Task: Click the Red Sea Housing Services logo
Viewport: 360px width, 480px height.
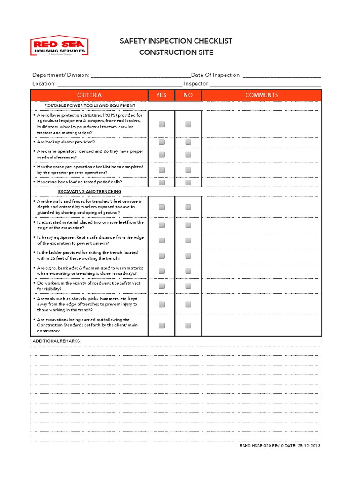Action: pos(59,47)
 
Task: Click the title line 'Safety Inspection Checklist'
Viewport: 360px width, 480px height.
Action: pos(176,41)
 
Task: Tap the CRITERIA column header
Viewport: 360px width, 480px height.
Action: pos(89,95)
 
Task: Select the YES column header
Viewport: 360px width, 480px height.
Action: pos(161,95)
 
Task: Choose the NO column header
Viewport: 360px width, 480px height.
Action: pos(188,95)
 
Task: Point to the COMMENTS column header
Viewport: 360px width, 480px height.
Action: pos(262,95)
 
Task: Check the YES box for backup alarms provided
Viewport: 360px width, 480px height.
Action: pos(162,142)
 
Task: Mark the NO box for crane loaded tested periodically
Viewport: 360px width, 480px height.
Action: pos(188,182)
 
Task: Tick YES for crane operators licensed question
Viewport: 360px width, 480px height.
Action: pos(162,155)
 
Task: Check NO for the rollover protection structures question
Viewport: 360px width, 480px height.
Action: pos(188,124)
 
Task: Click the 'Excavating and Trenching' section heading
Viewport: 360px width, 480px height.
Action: pos(90,192)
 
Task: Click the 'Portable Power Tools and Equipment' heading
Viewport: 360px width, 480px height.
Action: pos(90,106)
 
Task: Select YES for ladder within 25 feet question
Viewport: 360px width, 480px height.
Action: pos(162,255)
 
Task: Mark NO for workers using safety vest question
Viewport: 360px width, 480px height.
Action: pos(188,286)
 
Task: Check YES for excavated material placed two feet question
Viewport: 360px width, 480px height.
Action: pos(162,225)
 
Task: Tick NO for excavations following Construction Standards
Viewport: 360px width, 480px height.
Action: pos(188,325)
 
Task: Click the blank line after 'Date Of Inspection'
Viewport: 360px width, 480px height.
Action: pos(281,75)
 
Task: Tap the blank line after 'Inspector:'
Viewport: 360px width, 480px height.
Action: pos(265,84)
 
